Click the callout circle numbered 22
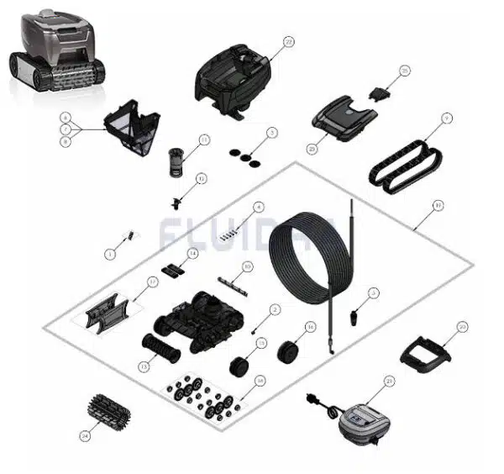pos(288,41)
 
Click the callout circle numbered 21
pos(389,381)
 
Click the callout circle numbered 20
pos(461,326)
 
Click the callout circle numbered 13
pos(143,366)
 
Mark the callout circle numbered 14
pos(192,253)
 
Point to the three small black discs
pos(243,155)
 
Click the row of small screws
pos(227,236)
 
